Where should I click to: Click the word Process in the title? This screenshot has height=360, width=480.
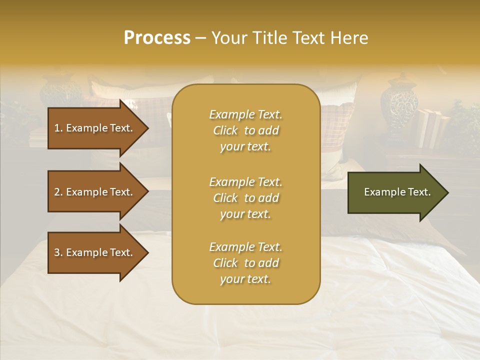(x=157, y=38)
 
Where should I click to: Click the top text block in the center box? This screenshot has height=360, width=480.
(x=245, y=130)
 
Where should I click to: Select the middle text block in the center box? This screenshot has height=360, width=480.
(x=245, y=198)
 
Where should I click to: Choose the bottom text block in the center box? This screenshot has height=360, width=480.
(x=245, y=263)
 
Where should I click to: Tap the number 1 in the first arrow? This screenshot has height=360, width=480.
(x=57, y=128)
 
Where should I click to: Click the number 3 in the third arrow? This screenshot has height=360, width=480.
(x=57, y=252)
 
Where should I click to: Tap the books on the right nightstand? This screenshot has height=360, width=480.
(x=431, y=127)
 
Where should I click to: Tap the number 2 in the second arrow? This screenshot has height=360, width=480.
(x=57, y=192)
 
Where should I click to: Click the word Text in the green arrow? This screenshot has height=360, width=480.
(x=419, y=192)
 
